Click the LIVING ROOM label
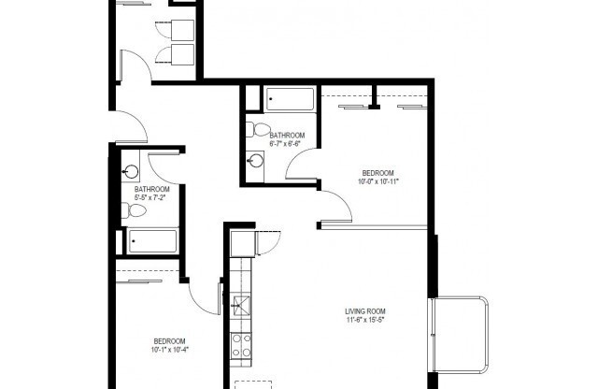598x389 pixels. point(365,311)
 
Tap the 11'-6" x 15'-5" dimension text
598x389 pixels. point(365,321)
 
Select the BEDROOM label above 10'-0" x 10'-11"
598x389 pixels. point(378,172)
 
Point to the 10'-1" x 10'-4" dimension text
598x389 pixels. point(170,350)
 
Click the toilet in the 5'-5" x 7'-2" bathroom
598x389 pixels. point(136,213)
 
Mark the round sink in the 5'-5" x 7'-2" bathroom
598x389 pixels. point(132,172)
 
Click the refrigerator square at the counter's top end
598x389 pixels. point(243,244)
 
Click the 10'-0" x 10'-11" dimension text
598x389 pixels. point(378,181)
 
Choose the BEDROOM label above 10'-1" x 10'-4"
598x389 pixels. point(170,340)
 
